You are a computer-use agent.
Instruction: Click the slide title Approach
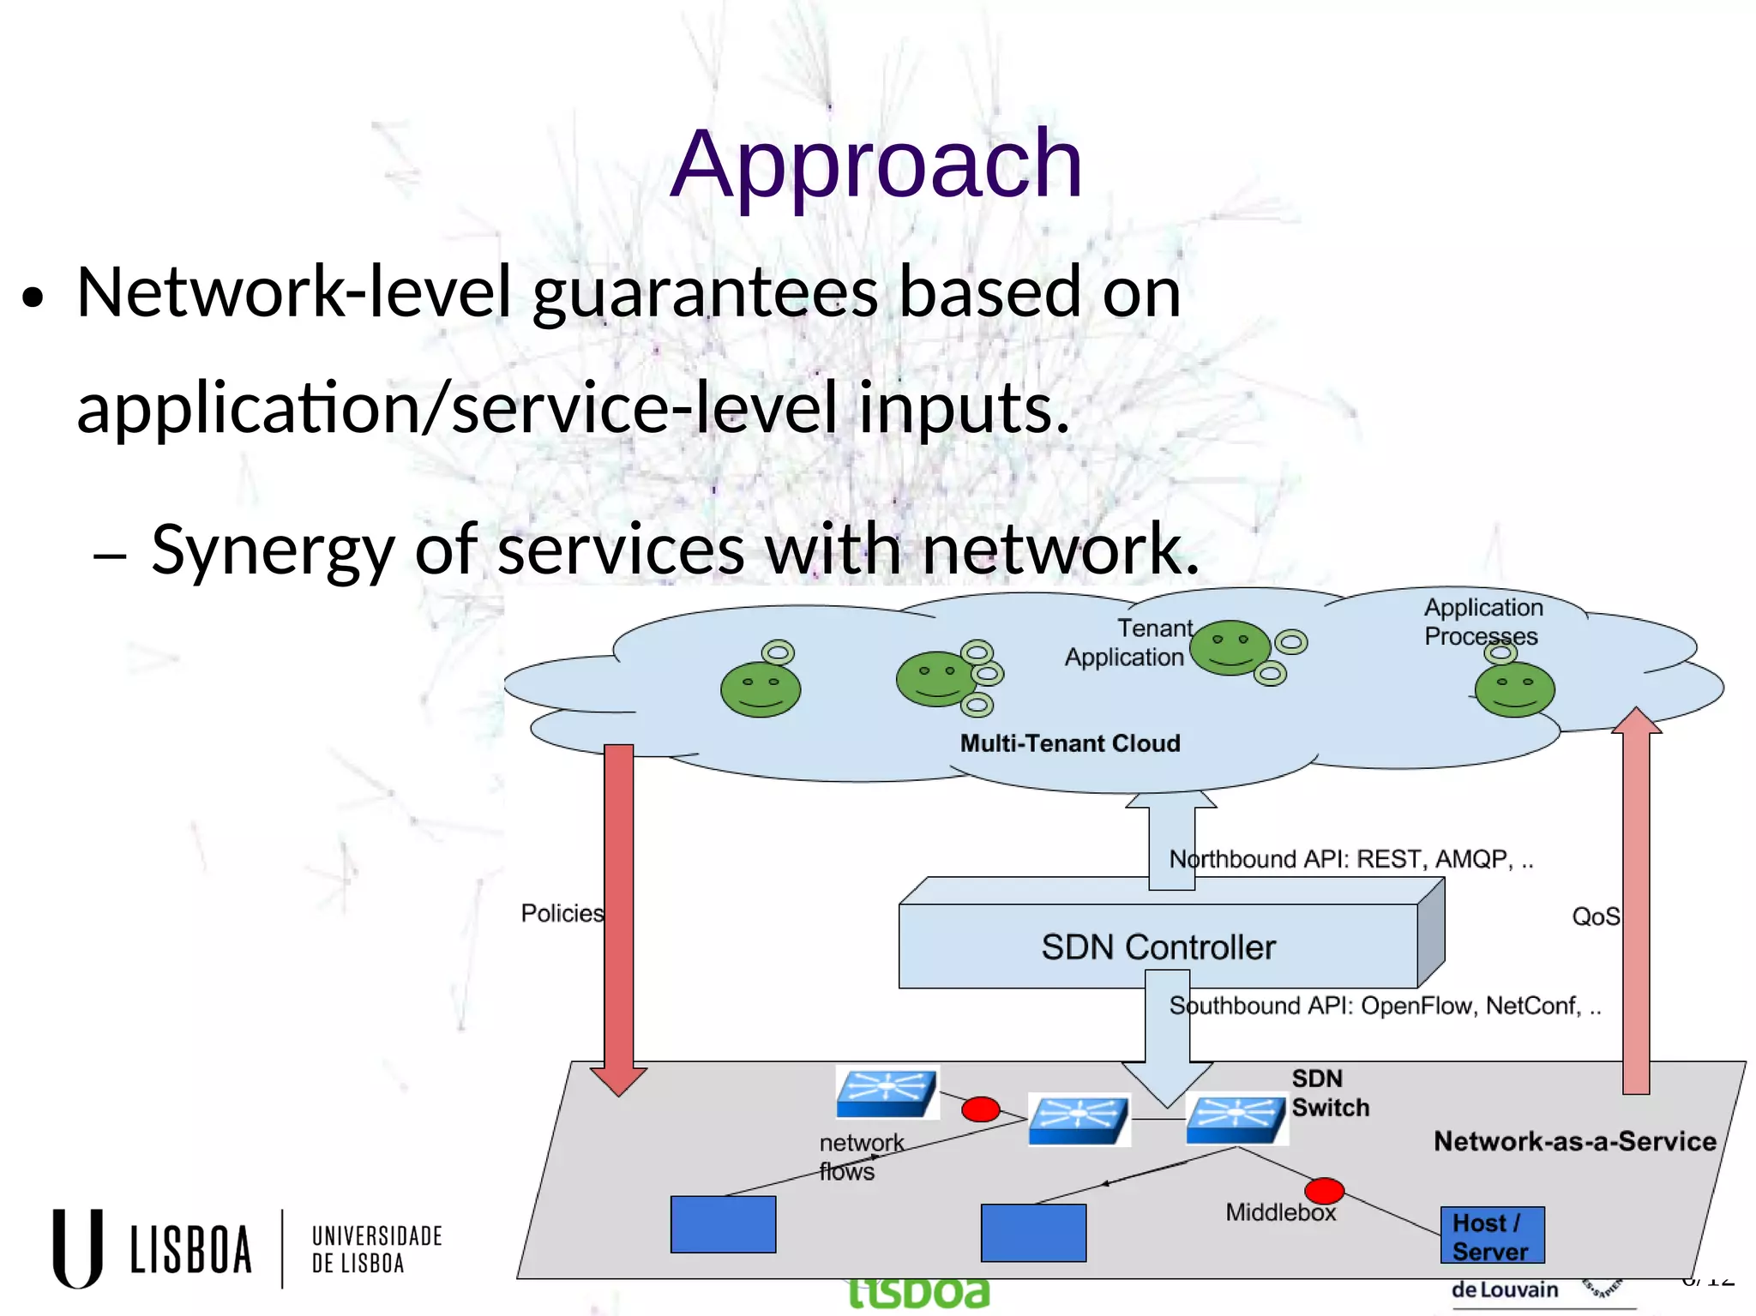(x=876, y=163)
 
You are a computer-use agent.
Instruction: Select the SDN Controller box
(x=1158, y=946)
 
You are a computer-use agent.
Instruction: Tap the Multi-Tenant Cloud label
(x=1069, y=743)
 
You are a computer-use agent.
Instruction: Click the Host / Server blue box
(x=1492, y=1235)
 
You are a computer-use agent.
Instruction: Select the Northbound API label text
(x=1350, y=859)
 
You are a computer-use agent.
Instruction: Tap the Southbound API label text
(x=1384, y=1006)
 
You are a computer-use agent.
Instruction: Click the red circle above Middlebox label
(x=1324, y=1191)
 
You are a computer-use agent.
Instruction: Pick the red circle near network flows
(x=980, y=1109)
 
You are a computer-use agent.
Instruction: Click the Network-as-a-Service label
(x=1574, y=1141)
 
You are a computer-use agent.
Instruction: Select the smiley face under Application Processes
(x=1514, y=690)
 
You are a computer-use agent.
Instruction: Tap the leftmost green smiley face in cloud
(x=761, y=689)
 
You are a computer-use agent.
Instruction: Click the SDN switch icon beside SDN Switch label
(x=1236, y=1119)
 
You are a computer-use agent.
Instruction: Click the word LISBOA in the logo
(x=191, y=1250)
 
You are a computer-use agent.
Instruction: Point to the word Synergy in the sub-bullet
(x=272, y=550)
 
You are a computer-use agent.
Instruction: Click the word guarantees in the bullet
(x=705, y=293)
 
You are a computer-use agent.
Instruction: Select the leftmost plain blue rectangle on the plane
(x=723, y=1224)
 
